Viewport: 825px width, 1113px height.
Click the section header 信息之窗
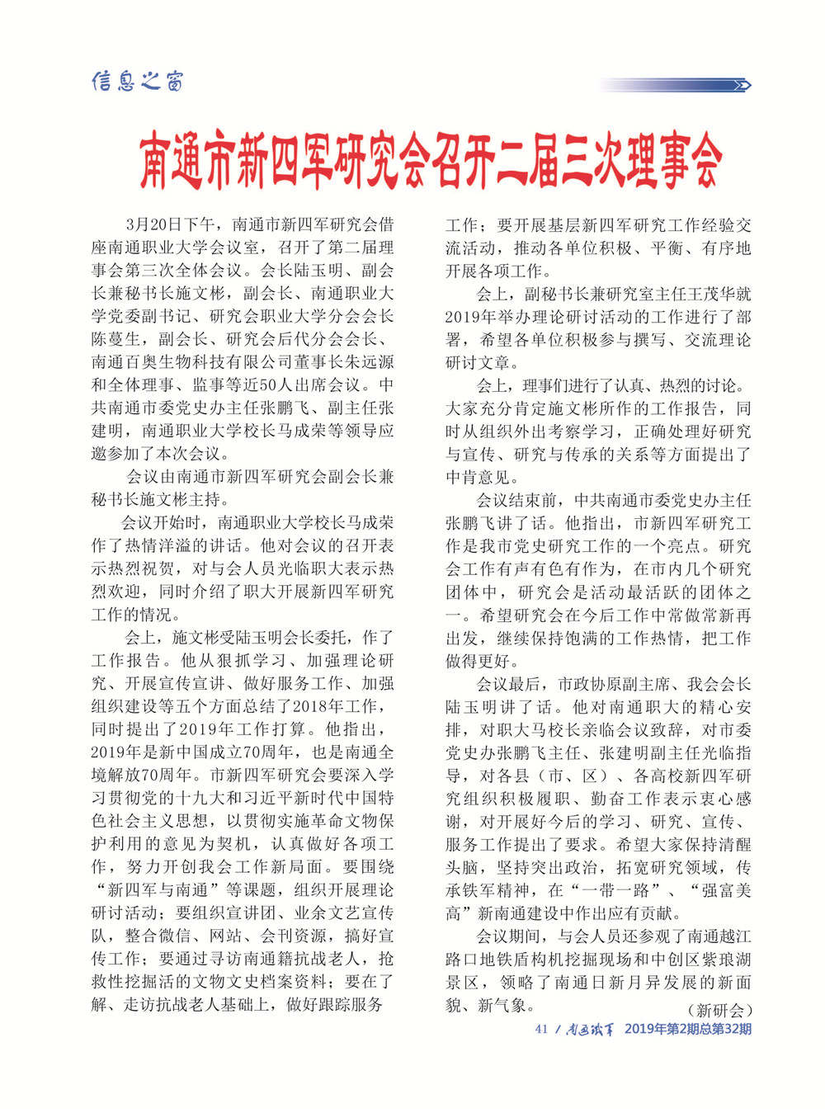(137, 81)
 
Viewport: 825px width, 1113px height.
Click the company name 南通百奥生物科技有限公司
(190, 361)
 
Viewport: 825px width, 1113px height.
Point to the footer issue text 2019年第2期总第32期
(687, 1029)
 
